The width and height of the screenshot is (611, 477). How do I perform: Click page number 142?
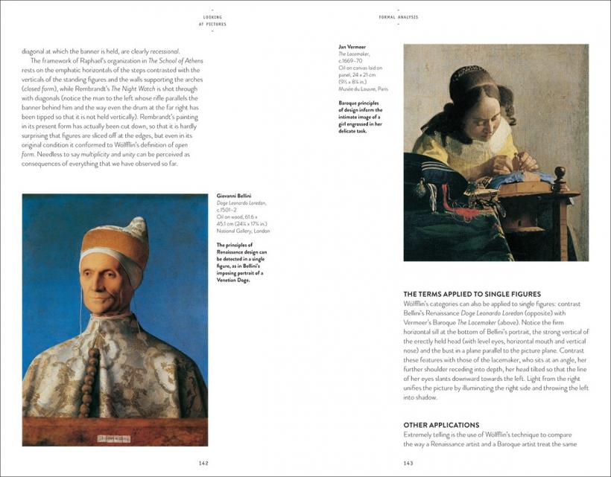(x=203, y=463)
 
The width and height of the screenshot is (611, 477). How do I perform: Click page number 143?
(x=408, y=463)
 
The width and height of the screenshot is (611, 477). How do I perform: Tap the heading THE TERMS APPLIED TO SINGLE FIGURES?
(x=472, y=294)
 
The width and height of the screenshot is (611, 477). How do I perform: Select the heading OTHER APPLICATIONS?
(x=441, y=425)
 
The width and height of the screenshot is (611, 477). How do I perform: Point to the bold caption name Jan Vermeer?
(x=352, y=47)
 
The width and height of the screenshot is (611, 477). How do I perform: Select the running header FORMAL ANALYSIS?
(x=398, y=16)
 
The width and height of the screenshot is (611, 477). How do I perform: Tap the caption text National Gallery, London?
(x=243, y=231)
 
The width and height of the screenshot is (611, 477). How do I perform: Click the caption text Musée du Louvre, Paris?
(x=363, y=89)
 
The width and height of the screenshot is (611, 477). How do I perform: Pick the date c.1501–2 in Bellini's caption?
(x=227, y=210)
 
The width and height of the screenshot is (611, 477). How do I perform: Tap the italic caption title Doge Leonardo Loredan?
(x=241, y=202)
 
